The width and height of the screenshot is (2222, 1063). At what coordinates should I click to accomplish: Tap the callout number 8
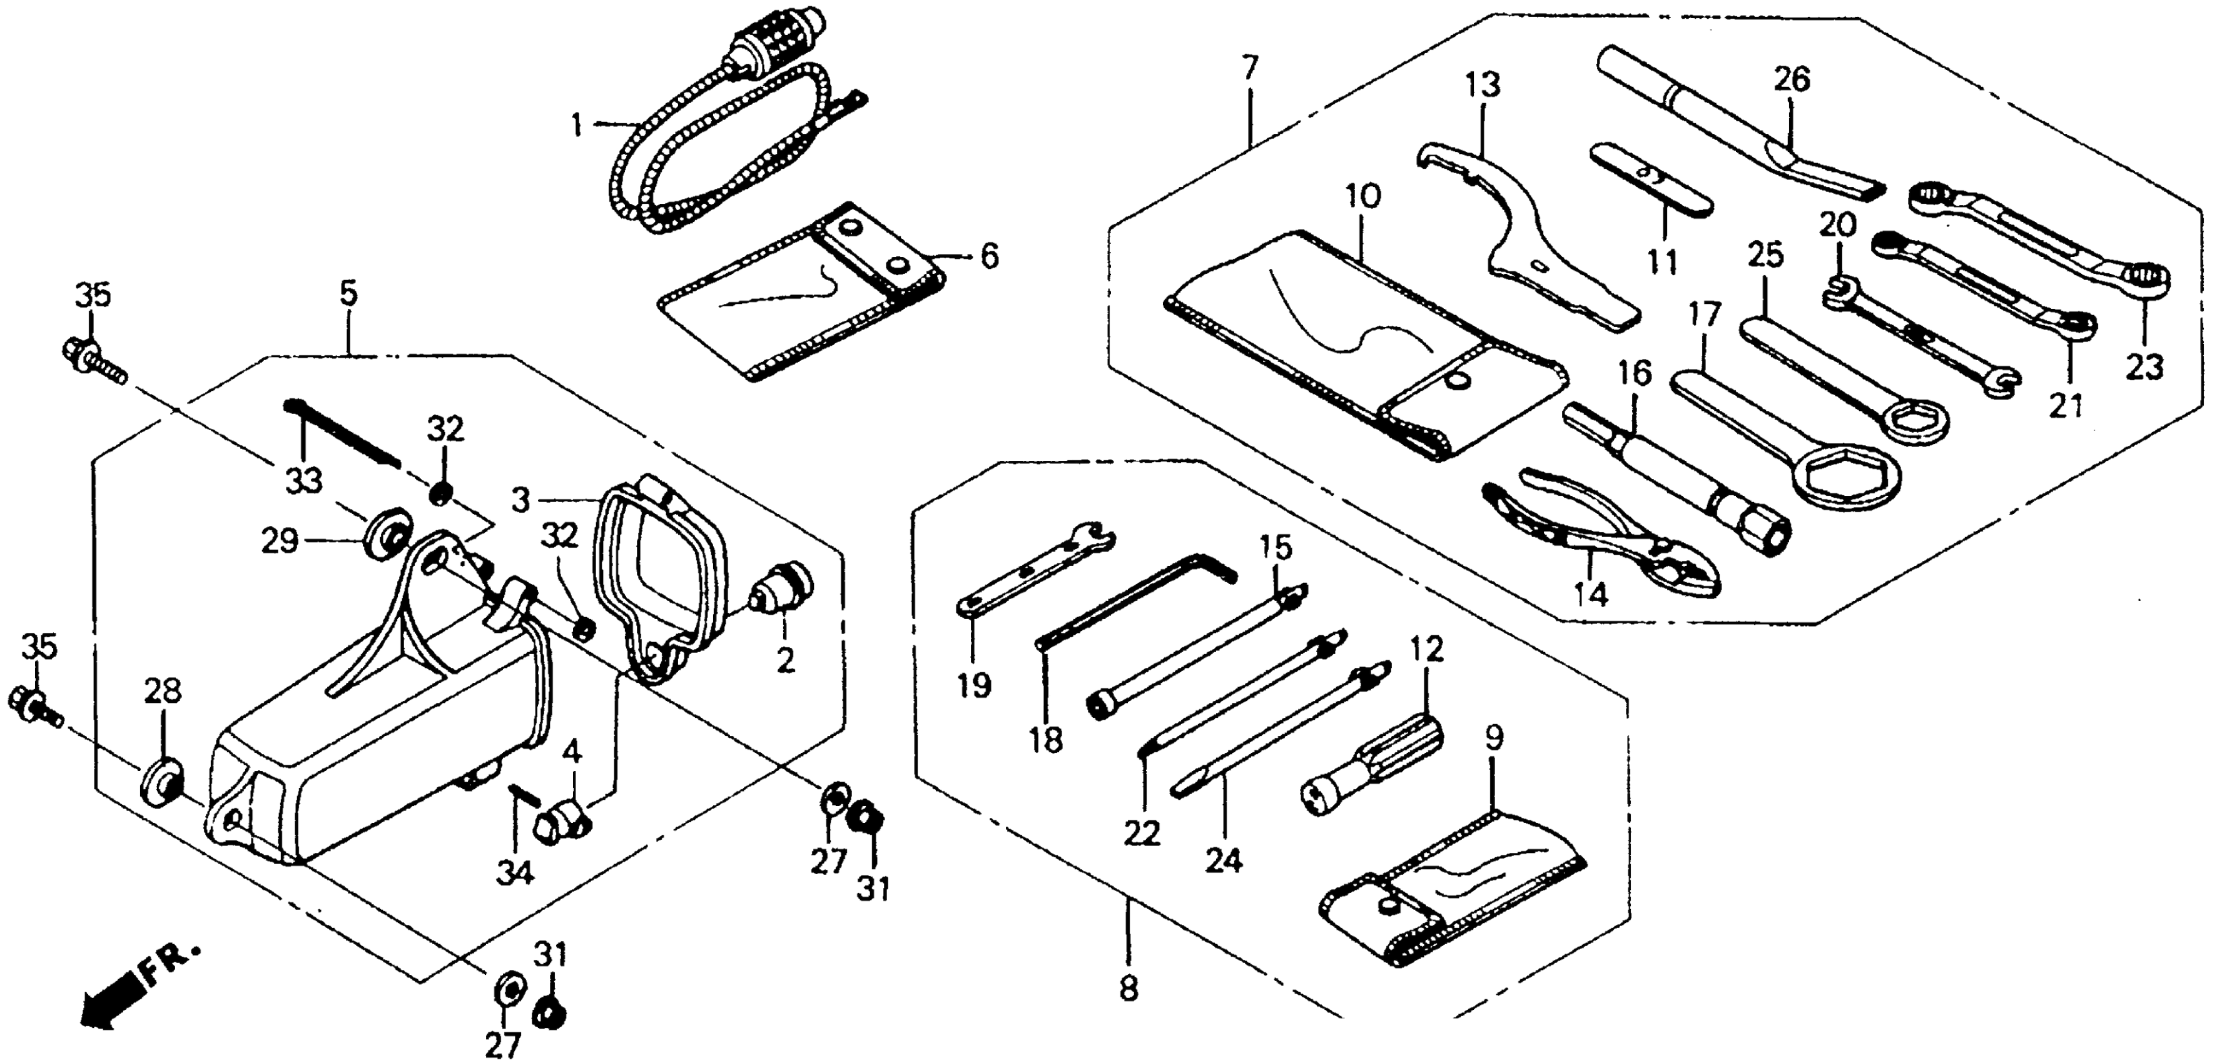[1129, 987]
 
